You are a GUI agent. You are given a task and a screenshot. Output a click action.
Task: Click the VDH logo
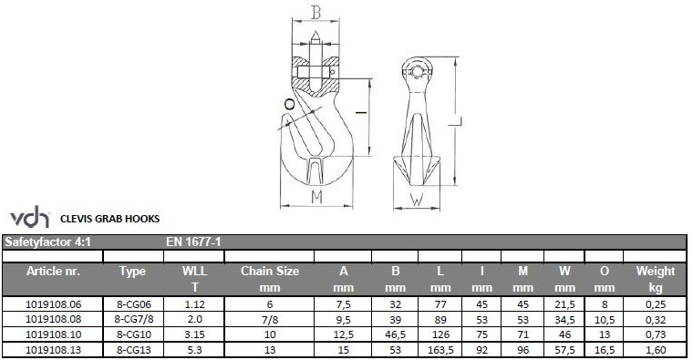tap(29, 216)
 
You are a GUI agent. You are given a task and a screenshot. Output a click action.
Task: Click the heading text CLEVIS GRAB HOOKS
tap(109, 219)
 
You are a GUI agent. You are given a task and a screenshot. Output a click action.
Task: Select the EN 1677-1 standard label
tap(193, 242)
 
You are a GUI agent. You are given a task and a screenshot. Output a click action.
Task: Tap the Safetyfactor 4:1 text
tap(47, 242)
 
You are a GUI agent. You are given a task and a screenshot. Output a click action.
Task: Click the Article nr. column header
tap(53, 272)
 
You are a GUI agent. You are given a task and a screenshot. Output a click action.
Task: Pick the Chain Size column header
tap(270, 272)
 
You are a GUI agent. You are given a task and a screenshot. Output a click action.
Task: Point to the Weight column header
tap(656, 272)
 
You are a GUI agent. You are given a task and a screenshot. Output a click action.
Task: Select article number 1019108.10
tap(53, 334)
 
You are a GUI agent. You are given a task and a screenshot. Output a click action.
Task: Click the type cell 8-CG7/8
tap(133, 319)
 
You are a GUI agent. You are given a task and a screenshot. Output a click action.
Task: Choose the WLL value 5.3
tap(194, 350)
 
